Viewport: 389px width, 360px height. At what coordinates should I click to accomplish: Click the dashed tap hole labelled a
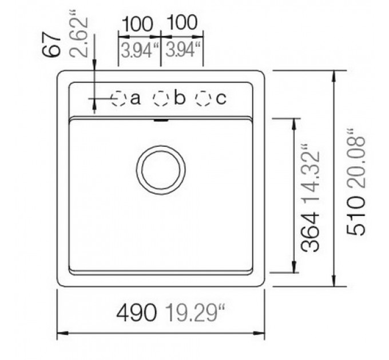point(118,99)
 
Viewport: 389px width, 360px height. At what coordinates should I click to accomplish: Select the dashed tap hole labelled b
point(161,99)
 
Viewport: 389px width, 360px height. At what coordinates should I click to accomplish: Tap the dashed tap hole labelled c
point(203,99)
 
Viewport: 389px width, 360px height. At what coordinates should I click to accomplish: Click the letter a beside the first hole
point(136,99)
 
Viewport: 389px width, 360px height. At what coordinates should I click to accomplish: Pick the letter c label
point(221,99)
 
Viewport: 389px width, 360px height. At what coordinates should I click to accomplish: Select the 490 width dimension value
point(137,313)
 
